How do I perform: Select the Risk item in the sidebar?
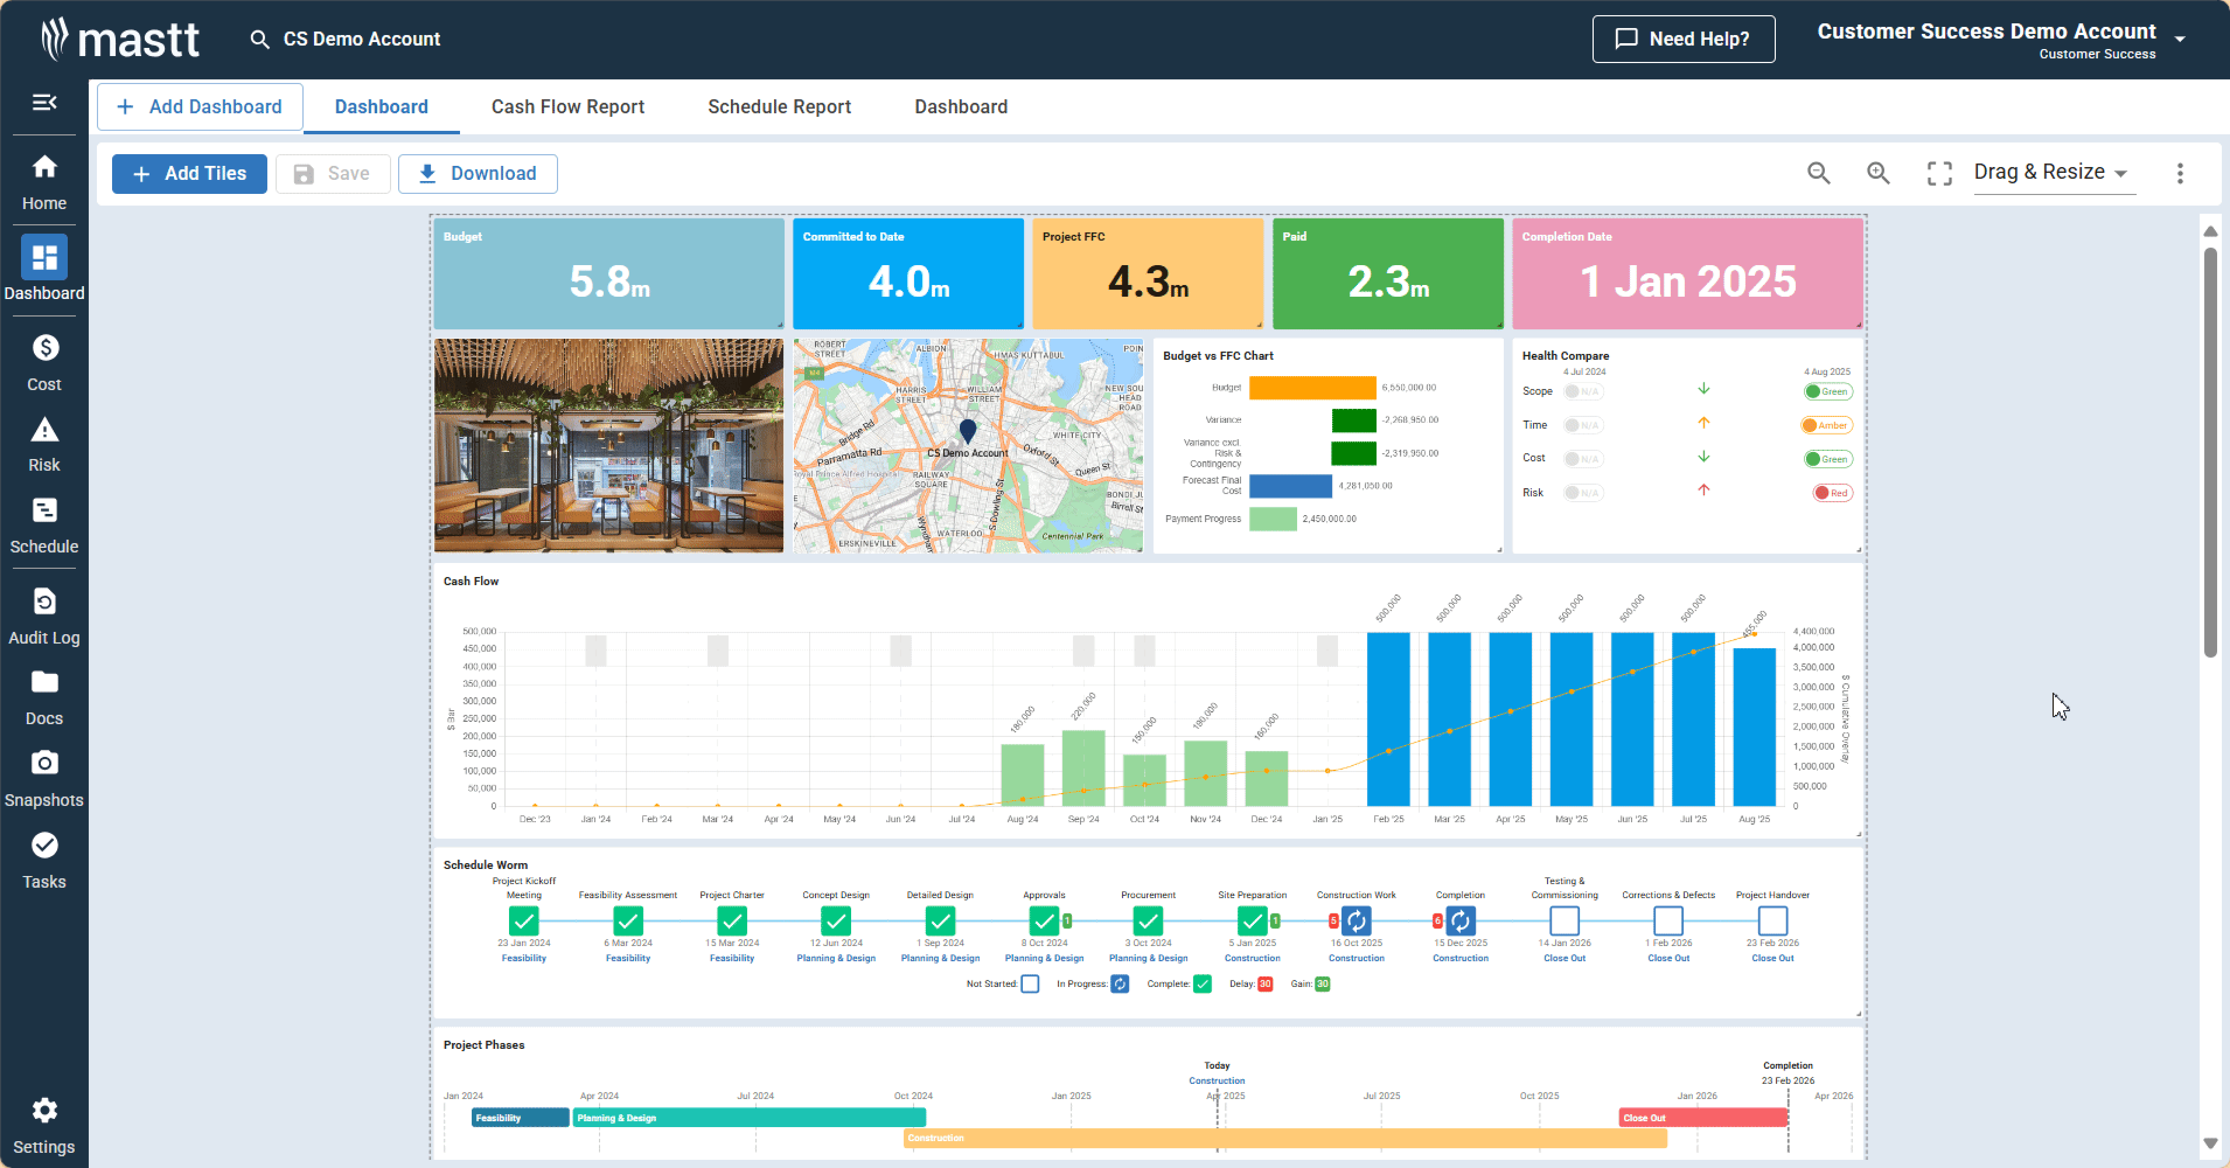pos(44,445)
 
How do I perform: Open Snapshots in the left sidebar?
pos(44,778)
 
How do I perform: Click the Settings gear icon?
pos(44,1110)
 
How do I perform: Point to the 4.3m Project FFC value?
pos(1147,282)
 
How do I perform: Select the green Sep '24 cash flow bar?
pos(1083,768)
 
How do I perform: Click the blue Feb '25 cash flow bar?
pos(1388,719)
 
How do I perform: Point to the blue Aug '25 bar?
pos(1754,727)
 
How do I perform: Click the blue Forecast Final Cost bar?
pos(1290,486)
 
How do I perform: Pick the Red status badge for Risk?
pos(1832,493)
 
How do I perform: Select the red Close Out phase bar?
pos(1702,1118)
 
